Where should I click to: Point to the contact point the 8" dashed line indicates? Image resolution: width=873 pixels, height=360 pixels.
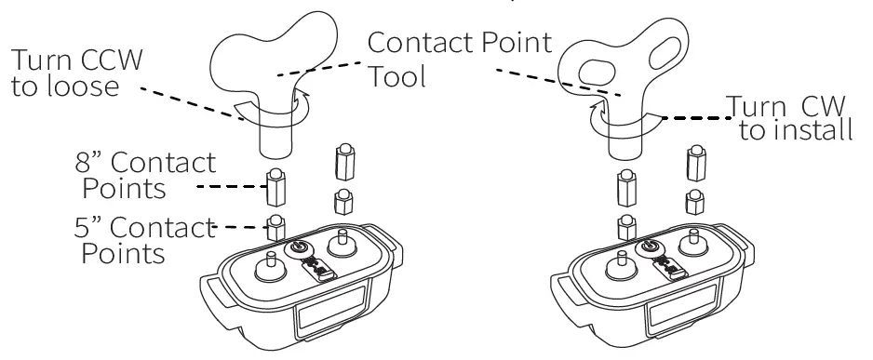tap(275, 188)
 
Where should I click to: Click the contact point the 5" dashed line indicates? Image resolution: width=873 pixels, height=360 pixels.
tap(275, 224)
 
